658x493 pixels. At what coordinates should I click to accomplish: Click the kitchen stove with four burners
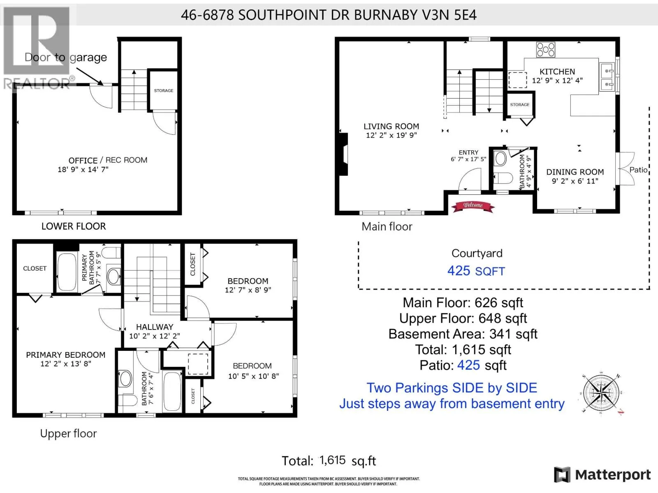(546, 49)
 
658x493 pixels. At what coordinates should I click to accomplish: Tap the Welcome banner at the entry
(473, 206)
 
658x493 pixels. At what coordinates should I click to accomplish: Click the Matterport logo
(602, 475)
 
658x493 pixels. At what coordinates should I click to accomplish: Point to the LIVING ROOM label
(391, 127)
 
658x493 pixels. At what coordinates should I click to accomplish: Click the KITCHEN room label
(557, 72)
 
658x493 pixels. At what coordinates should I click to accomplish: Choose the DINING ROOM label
(575, 172)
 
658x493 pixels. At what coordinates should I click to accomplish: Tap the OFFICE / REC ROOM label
(108, 161)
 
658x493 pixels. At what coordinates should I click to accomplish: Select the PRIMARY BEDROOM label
(66, 355)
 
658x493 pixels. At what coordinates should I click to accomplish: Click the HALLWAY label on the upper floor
(155, 327)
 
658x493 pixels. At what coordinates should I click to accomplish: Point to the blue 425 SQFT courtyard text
(476, 271)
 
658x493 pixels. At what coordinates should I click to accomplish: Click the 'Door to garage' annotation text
(66, 57)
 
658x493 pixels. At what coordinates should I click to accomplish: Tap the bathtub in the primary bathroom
(67, 272)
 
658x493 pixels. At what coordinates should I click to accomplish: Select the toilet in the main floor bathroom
(503, 178)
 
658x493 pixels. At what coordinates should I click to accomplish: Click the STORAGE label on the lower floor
(164, 91)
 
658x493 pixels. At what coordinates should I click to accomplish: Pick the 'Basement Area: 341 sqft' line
(463, 334)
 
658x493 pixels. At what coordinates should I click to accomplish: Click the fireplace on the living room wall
(343, 154)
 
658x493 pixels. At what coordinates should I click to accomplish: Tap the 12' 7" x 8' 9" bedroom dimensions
(248, 290)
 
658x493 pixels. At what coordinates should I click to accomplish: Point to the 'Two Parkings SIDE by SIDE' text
(452, 388)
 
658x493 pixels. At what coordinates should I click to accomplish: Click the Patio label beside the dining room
(638, 170)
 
